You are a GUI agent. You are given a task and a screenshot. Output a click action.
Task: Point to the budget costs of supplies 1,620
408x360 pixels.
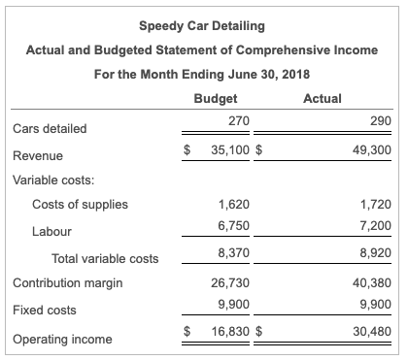pyautogui.click(x=234, y=205)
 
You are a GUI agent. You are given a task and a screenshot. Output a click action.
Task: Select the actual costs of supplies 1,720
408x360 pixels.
pyautogui.click(x=376, y=205)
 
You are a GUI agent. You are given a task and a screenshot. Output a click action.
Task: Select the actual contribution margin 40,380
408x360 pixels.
pyautogui.click(x=373, y=283)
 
